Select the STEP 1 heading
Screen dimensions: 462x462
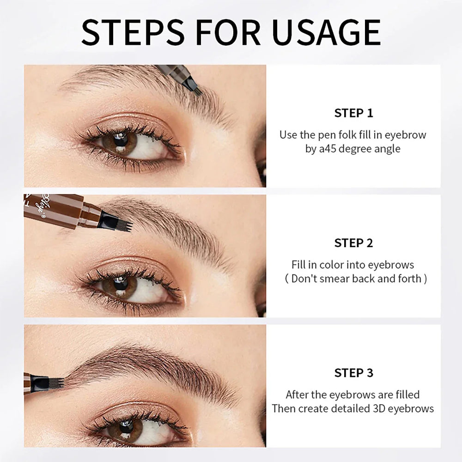click(353, 113)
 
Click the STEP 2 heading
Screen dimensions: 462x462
click(353, 243)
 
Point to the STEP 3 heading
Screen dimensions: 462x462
click(353, 372)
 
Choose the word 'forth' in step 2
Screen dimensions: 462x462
click(409, 279)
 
